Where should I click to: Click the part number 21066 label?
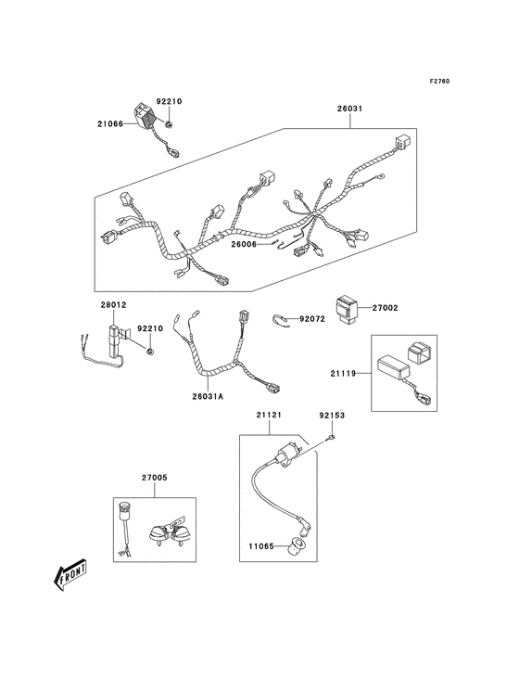110,124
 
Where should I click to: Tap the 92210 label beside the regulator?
169,101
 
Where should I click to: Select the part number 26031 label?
350,109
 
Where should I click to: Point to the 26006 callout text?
244,244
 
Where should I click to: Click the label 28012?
113,305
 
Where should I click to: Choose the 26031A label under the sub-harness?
208,396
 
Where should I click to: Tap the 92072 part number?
312,319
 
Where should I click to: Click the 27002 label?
385,308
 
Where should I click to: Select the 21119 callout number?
344,373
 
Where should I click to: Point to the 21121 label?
269,415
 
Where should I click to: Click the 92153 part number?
332,416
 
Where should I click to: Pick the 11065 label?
261,546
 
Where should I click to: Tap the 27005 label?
155,478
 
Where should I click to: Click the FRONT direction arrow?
70,576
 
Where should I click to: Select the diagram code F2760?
439,81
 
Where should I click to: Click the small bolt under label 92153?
331,438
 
